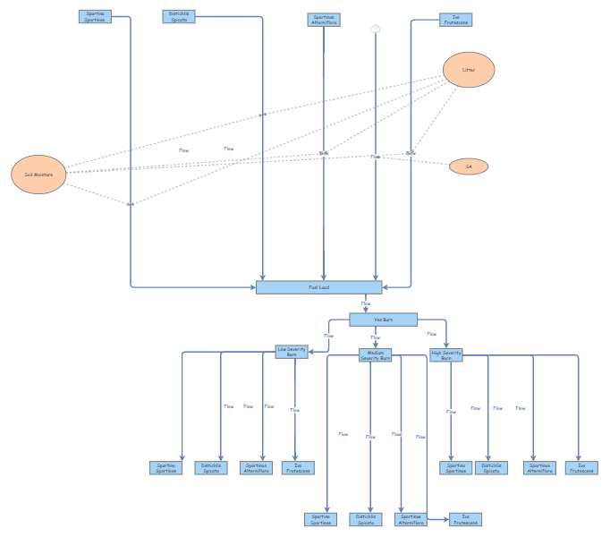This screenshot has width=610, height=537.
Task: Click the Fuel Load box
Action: pyautogui.click(x=319, y=287)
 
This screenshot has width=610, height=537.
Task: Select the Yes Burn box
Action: pyautogui.click(x=383, y=320)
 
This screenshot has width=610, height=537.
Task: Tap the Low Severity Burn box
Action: pyautogui.click(x=292, y=352)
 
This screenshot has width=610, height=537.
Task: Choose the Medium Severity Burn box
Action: pyautogui.click(x=375, y=355)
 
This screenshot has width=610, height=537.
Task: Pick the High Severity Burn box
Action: pyautogui.click(x=446, y=354)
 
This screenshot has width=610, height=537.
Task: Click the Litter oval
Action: pyautogui.click(x=469, y=70)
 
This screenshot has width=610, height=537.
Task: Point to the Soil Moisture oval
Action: pyautogui.click(x=38, y=175)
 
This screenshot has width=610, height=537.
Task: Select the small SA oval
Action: pyautogui.click(x=469, y=166)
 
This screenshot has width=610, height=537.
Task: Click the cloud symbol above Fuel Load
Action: pyautogui.click(x=376, y=29)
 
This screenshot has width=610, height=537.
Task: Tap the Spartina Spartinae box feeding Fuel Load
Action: pyautogui.click(x=95, y=16)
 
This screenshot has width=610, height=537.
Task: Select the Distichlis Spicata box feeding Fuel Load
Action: pyautogui.click(x=178, y=16)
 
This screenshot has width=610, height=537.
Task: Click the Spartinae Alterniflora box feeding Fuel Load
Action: pyautogui.click(x=324, y=20)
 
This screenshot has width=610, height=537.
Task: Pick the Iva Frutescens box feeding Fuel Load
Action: pyautogui.click(x=455, y=19)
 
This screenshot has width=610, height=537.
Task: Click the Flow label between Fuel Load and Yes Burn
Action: pyautogui.click(x=366, y=304)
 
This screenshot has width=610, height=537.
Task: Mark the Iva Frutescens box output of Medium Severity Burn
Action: pyautogui.click(x=464, y=519)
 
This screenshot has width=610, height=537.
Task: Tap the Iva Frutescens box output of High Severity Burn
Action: pyautogui.click(x=581, y=467)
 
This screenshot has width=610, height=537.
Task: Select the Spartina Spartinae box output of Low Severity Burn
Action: pyautogui.click(x=166, y=467)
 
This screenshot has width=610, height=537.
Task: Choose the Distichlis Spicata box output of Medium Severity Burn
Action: pyautogui.click(x=367, y=519)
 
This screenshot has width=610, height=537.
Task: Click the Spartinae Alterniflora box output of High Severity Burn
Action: pyautogui.click(x=540, y=467)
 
